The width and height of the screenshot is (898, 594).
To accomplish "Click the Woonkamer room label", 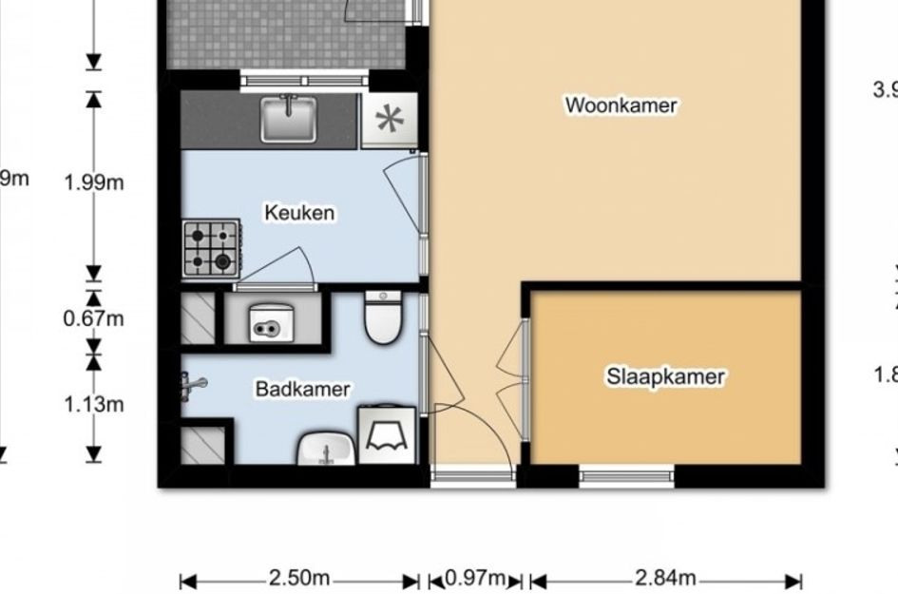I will coord(621,105).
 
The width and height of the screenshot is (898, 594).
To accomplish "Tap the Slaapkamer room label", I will coord(665,377).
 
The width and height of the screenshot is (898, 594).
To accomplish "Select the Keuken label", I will coord(299,212).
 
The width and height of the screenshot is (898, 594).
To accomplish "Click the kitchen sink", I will coord(289,120).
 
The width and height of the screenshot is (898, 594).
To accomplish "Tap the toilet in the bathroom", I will coord(385,317).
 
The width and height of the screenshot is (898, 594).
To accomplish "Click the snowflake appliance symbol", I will coord(389,121).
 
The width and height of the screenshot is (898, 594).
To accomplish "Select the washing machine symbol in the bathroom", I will coord(387,435).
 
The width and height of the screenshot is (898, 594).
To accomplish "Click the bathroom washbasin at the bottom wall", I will coord(327,450).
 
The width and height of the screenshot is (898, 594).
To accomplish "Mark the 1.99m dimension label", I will coord(94,182).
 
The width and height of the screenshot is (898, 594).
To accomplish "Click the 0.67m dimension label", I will coord(94,318).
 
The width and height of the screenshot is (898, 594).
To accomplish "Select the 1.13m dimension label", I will coord(94,405).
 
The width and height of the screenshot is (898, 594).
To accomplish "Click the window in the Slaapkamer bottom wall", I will coord(626,474).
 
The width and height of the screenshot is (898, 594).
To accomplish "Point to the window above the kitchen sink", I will coord(298,81).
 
